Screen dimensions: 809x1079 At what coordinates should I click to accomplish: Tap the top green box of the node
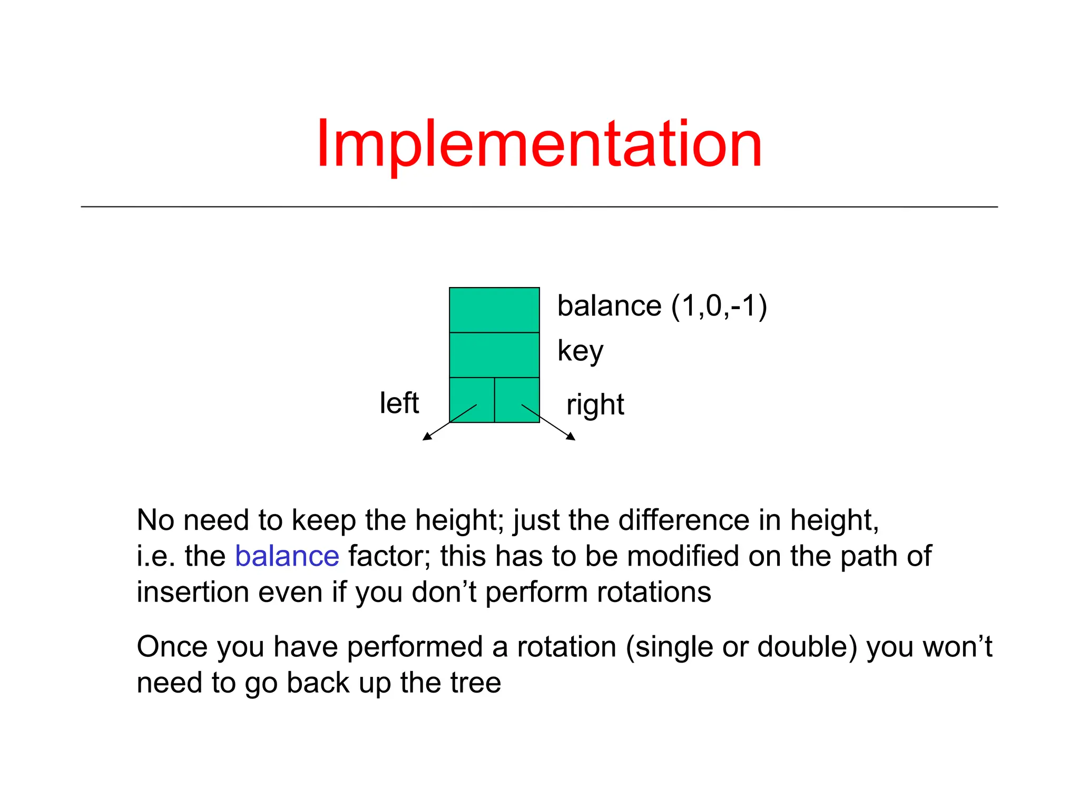coord(494,310)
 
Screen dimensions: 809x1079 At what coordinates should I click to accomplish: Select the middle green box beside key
coord(494,354)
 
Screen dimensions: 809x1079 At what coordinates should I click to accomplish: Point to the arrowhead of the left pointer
coord(426,437)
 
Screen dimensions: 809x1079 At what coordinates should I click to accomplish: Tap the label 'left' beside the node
coord(399,403)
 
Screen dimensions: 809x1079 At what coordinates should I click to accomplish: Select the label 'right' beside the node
coord(595,405)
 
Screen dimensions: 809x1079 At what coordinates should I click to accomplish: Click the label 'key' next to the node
coord(580,351)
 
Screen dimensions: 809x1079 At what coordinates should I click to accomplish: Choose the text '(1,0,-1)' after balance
coord(719,306)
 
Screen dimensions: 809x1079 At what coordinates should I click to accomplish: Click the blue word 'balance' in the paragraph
coord(287,556)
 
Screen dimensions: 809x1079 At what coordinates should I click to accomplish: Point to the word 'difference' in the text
coord(683,520)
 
